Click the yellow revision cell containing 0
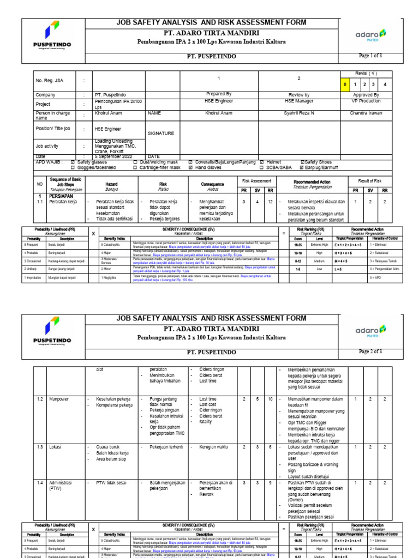point(345,84)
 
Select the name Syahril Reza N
point(298,113)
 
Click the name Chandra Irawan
point(366,113)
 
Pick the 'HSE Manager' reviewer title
point(298,101)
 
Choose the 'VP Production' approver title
point(366,101)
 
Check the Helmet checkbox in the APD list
point(262,162)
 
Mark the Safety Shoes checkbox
point(303,162)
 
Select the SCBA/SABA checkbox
point(262,168)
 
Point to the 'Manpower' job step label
point(59,399)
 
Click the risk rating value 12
point(270,202)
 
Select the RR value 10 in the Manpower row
point(270,399)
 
